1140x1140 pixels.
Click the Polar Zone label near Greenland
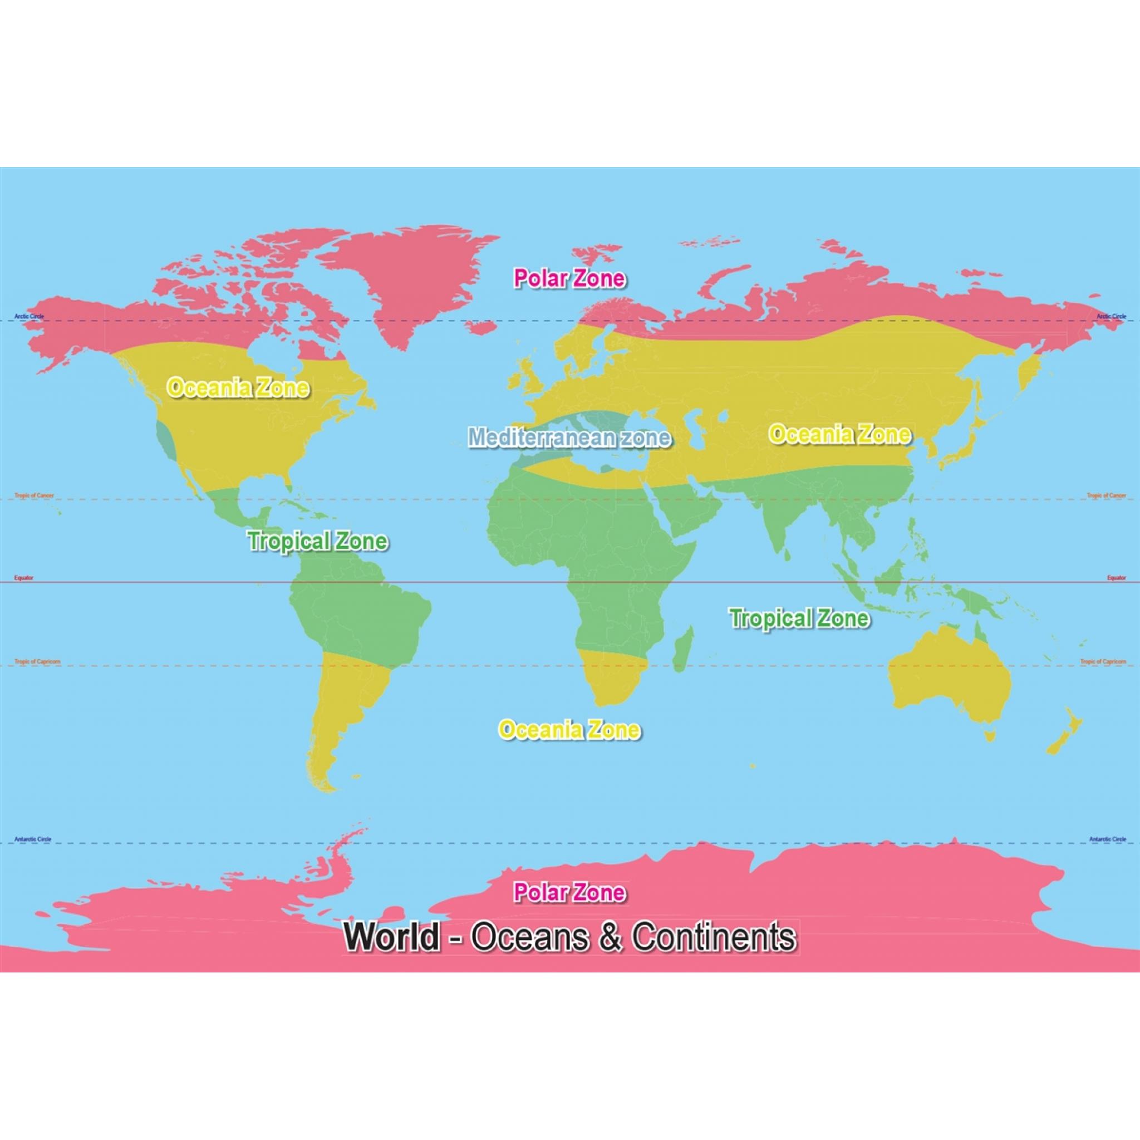[x=569, y=278]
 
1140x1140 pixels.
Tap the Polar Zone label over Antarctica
[x=569, y=892]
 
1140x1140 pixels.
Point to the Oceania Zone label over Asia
[x=839, y=435]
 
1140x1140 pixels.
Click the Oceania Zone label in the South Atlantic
[x=569, y=730]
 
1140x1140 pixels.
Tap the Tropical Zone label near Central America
[x=317, y=541]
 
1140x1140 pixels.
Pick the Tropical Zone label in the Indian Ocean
[x=799, y=618]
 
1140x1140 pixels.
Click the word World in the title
[x=392, y=936]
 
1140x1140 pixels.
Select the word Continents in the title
[x=714, y=936]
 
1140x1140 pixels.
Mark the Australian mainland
[x=950, y=679]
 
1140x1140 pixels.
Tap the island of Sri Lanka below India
[x=787, y=554]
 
